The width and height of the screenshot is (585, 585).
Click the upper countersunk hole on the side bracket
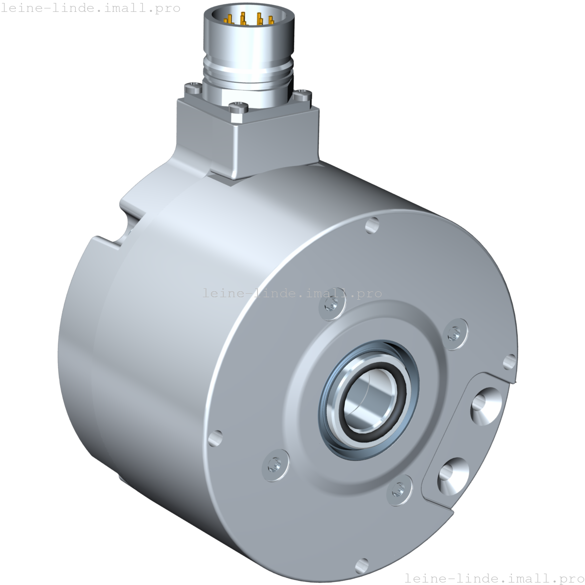[483, 404]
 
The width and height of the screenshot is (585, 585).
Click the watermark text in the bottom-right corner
[494, 578]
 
